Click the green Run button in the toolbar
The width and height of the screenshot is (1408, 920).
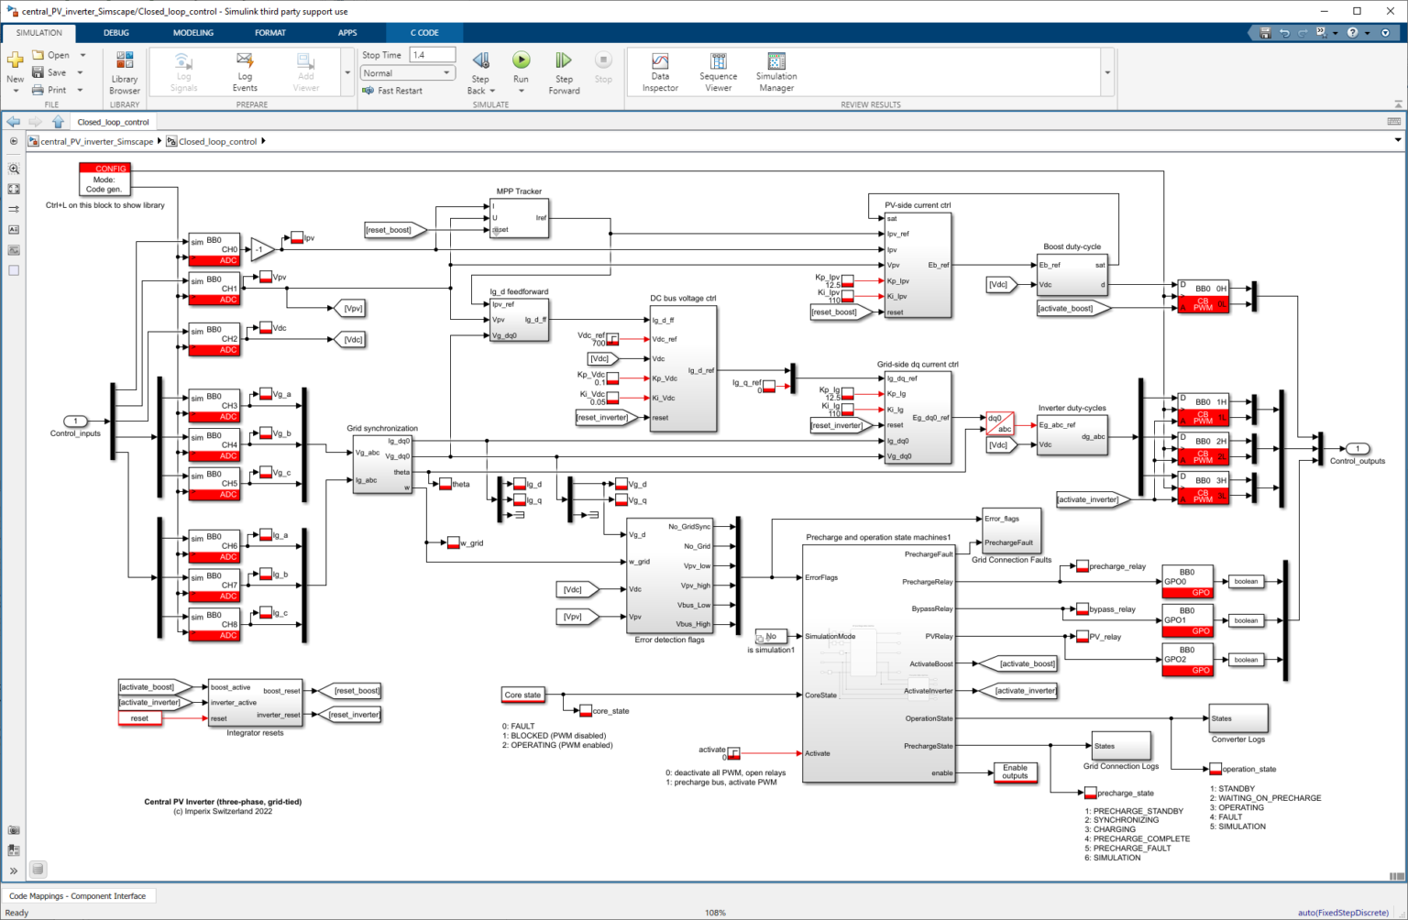(521, 60)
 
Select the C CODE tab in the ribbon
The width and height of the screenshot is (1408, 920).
(423, 33)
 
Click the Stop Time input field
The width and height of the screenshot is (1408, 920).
(432, 55)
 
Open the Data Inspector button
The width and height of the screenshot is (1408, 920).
(660, 71)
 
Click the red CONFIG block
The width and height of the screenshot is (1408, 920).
(104, 179)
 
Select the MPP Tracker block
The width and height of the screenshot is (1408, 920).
(519, 218)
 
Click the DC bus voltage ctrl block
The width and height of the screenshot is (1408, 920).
(683, 367)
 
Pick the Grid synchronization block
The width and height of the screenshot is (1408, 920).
(382, 465)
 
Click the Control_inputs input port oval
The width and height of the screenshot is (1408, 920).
(76, 422)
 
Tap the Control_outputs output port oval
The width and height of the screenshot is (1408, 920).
(1357, 449)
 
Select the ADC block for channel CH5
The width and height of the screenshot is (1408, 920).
(214, 484)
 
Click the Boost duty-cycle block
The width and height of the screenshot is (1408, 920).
(1072, 274)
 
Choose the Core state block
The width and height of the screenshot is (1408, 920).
(522, 695)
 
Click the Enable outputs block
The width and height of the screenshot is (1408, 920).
(1015, 772)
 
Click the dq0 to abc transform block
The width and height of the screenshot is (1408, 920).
(999, 422)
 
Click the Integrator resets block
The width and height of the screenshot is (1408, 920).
(256, 703)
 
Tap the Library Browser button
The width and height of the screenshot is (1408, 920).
(125, 71)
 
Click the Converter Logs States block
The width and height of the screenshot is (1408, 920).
(1238, 718)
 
